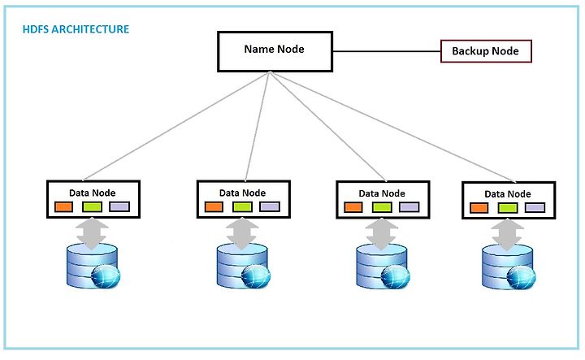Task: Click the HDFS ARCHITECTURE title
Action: pyautogui.click(x=76, y=29)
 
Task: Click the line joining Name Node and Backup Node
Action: pyautogui.click(x=387, y=51)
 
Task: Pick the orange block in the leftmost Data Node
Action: pyautogui.click(x=64, y=206)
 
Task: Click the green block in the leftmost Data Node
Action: pyautogui.click(x=92, y=206)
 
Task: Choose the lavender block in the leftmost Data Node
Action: pyautogui.click(x=119, y=206)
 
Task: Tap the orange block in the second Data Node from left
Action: pyautogui.click(x=214, y=206)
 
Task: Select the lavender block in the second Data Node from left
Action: pyautogui.click(x=270, y=206)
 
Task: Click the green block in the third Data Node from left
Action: pyautogui.click(x=382, y=207)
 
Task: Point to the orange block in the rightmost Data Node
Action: pyautogui.click(x=479, y=208)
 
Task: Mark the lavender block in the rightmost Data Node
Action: pyautogui.click(x=535, y=208)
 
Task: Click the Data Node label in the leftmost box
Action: pyautogui.click(x=92, y=193)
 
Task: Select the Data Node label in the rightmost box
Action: pyautogui.click(x=508, y=194)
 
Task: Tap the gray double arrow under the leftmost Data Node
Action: pyautogui.click(x=92, y=234)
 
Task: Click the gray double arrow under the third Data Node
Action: pyautogui.click(x=382, y=234)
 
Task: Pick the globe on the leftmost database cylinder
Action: pyautogui.click(x=106, y=276)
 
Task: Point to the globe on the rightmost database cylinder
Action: pyautogui.click(x=521, y=278)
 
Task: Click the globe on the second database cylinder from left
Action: pyautogui.click(x=256, y=276)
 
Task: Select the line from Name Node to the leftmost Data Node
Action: pyautogui.click(x=176, y=126)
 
